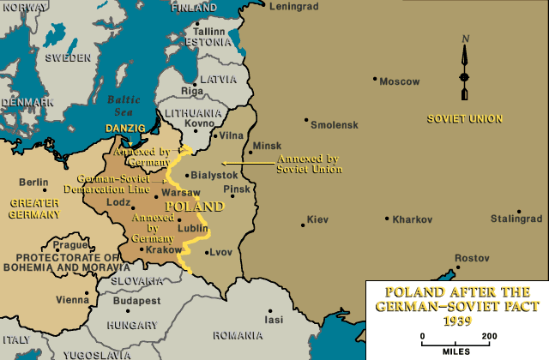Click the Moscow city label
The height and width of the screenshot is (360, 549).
point(400,81)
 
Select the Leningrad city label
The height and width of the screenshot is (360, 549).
point(293,6)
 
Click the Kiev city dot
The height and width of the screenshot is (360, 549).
point(302,225)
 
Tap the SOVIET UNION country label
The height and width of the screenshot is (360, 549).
point(464,117)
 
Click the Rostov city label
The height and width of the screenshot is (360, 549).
point(472,258)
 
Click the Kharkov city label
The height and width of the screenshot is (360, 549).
point(413,219)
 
